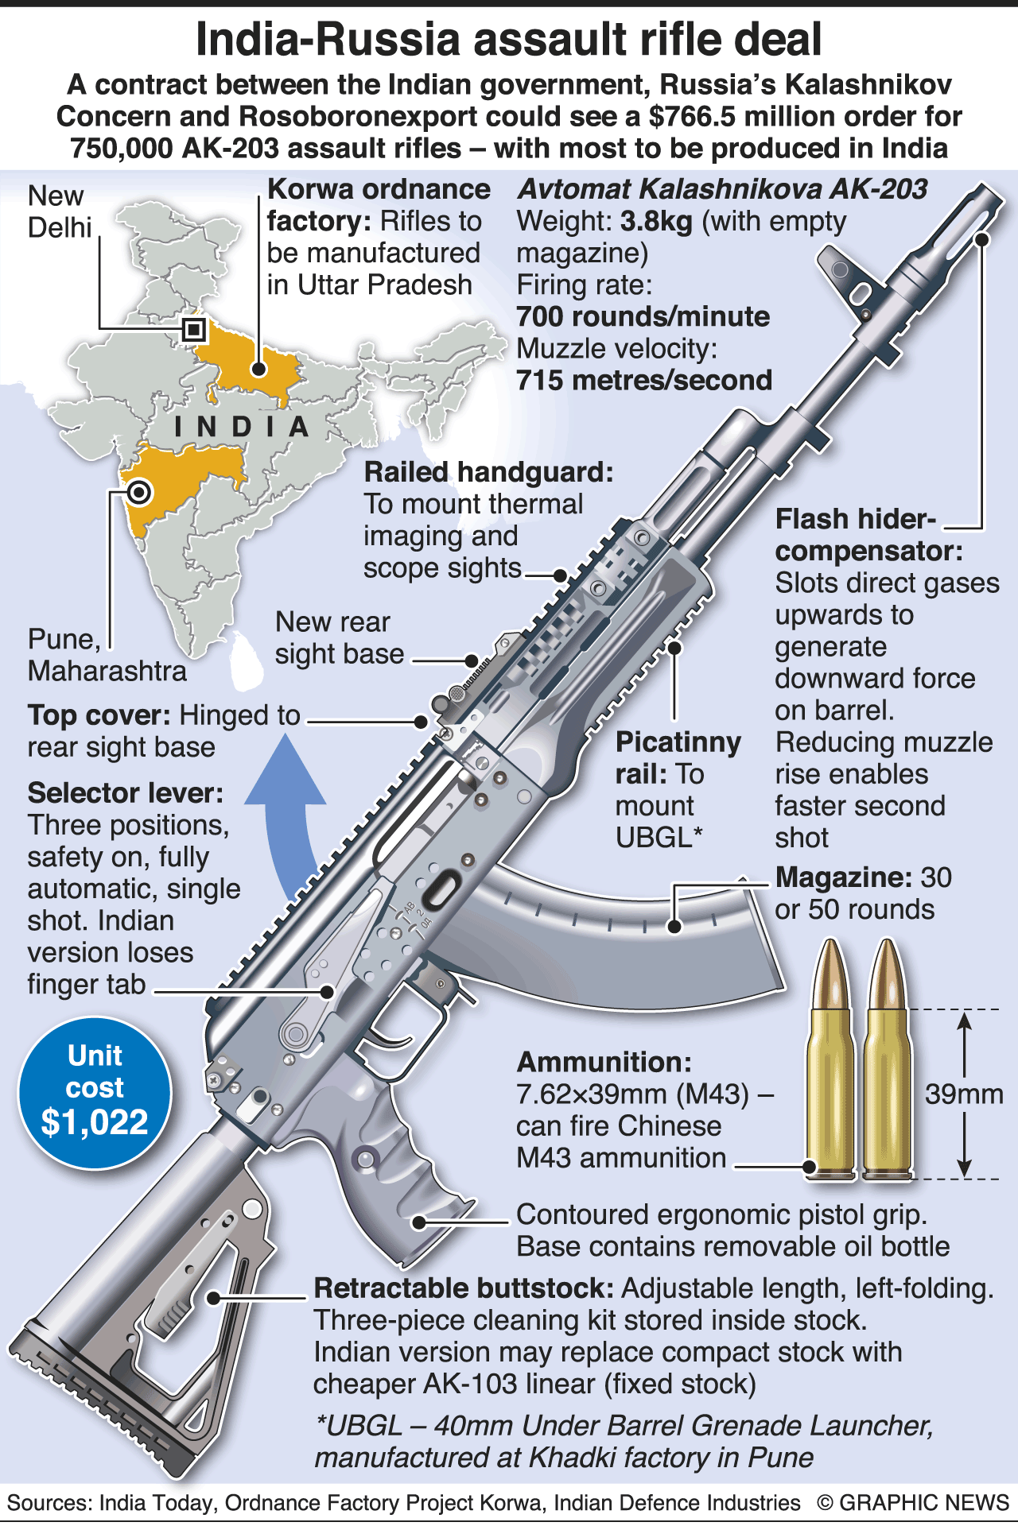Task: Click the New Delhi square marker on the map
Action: click(x=194, y=329)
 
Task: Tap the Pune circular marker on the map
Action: click(x=139, y=493)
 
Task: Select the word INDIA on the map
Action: click(x=242, y=427)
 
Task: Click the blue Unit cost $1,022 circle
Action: click(x=95, y=1093)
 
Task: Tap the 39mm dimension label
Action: click(x=963, y=1094)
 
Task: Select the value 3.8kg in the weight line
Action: click(x=656, y=221)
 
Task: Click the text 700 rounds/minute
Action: click(x=643, y=316)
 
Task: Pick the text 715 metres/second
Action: click(x=644, y=380)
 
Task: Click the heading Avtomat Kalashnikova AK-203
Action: click(x=722, y=189)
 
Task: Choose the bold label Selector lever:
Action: click(x=125, y=793)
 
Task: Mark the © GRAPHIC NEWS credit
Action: click(x=912, y=1503)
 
